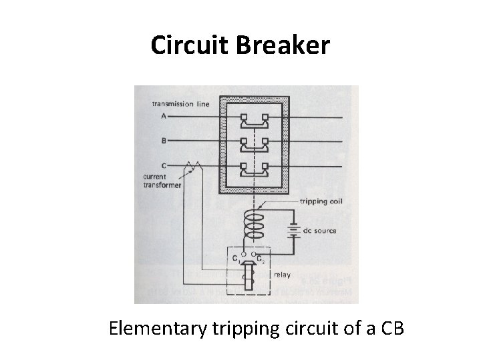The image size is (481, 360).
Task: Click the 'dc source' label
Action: [x=319, y=231]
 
